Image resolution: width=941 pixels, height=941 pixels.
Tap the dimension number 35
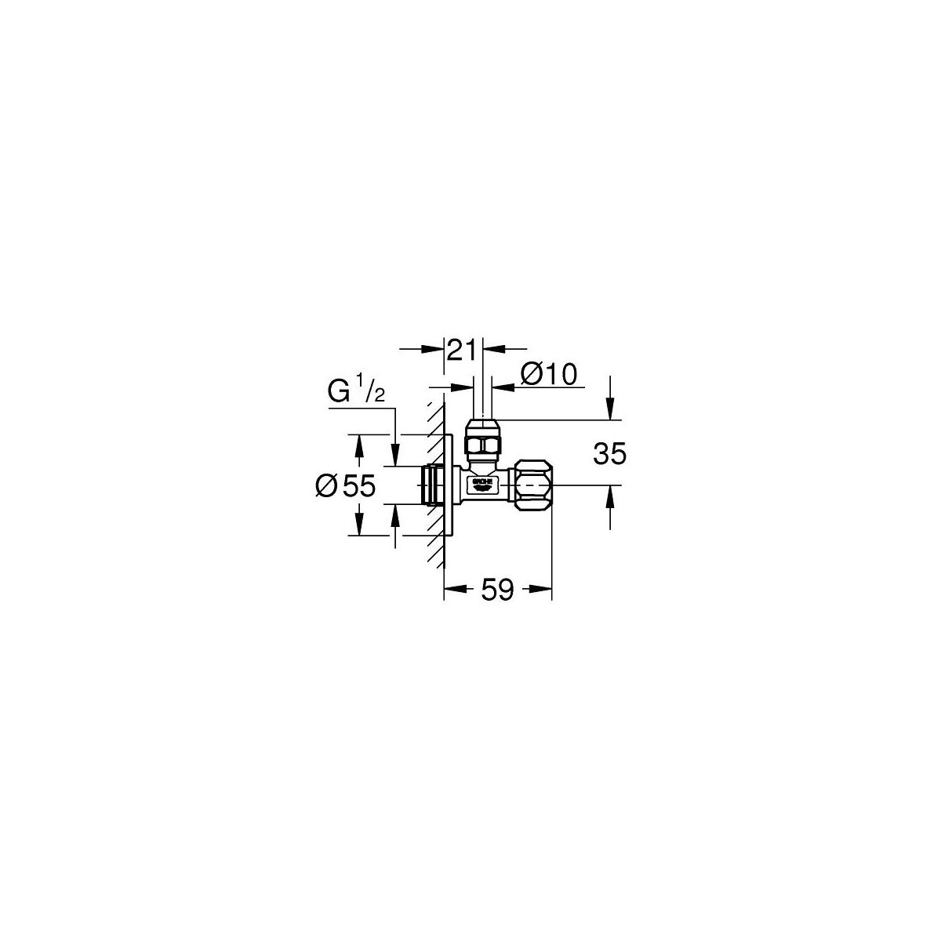pos(610,455)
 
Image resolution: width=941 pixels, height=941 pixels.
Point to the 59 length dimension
pos(497,590)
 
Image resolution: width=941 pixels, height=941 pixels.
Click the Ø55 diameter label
pos(346,487)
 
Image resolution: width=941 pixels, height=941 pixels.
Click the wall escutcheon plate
pos(449,487)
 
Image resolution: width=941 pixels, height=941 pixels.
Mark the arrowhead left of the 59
pos(453,590)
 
